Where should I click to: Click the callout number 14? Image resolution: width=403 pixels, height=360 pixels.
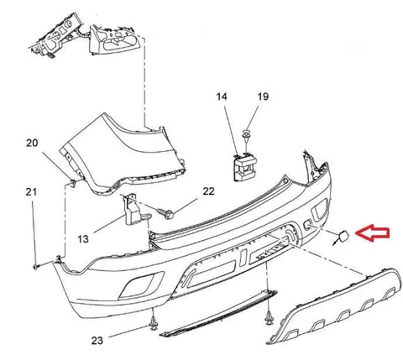click(x=222, y=97)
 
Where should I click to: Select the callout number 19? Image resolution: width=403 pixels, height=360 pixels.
click(x=263, y=97)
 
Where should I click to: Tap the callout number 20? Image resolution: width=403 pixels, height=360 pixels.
click(x=32, y=143)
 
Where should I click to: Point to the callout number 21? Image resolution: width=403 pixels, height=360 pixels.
click(x=31, y=192)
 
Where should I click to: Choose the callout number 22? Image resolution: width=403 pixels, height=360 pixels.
click(x=208, y=191)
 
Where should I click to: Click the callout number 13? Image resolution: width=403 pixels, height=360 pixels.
click(x=83, y=239)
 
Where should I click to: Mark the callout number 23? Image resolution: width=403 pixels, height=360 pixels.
click(x=97, y=341)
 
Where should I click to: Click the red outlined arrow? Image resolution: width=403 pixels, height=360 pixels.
click(x=372, y=233)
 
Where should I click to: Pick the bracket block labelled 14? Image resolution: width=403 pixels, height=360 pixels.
click(x=244, y=167)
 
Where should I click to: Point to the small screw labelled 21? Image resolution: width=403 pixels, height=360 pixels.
click(x=35, y=267)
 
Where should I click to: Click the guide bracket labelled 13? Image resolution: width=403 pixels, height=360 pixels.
click(x=133, y=209)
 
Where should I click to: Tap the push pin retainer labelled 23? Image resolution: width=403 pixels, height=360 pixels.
click(x=153, y=323)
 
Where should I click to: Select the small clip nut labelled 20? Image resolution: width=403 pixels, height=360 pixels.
click(x=72, y=183)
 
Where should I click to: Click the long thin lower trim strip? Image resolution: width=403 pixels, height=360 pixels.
click(x=218, y=314)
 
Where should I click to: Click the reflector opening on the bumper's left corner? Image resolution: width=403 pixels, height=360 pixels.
click(x=141, y=285)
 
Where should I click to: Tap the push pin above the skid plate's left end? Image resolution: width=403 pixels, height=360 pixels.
click(x=269, y=318)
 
